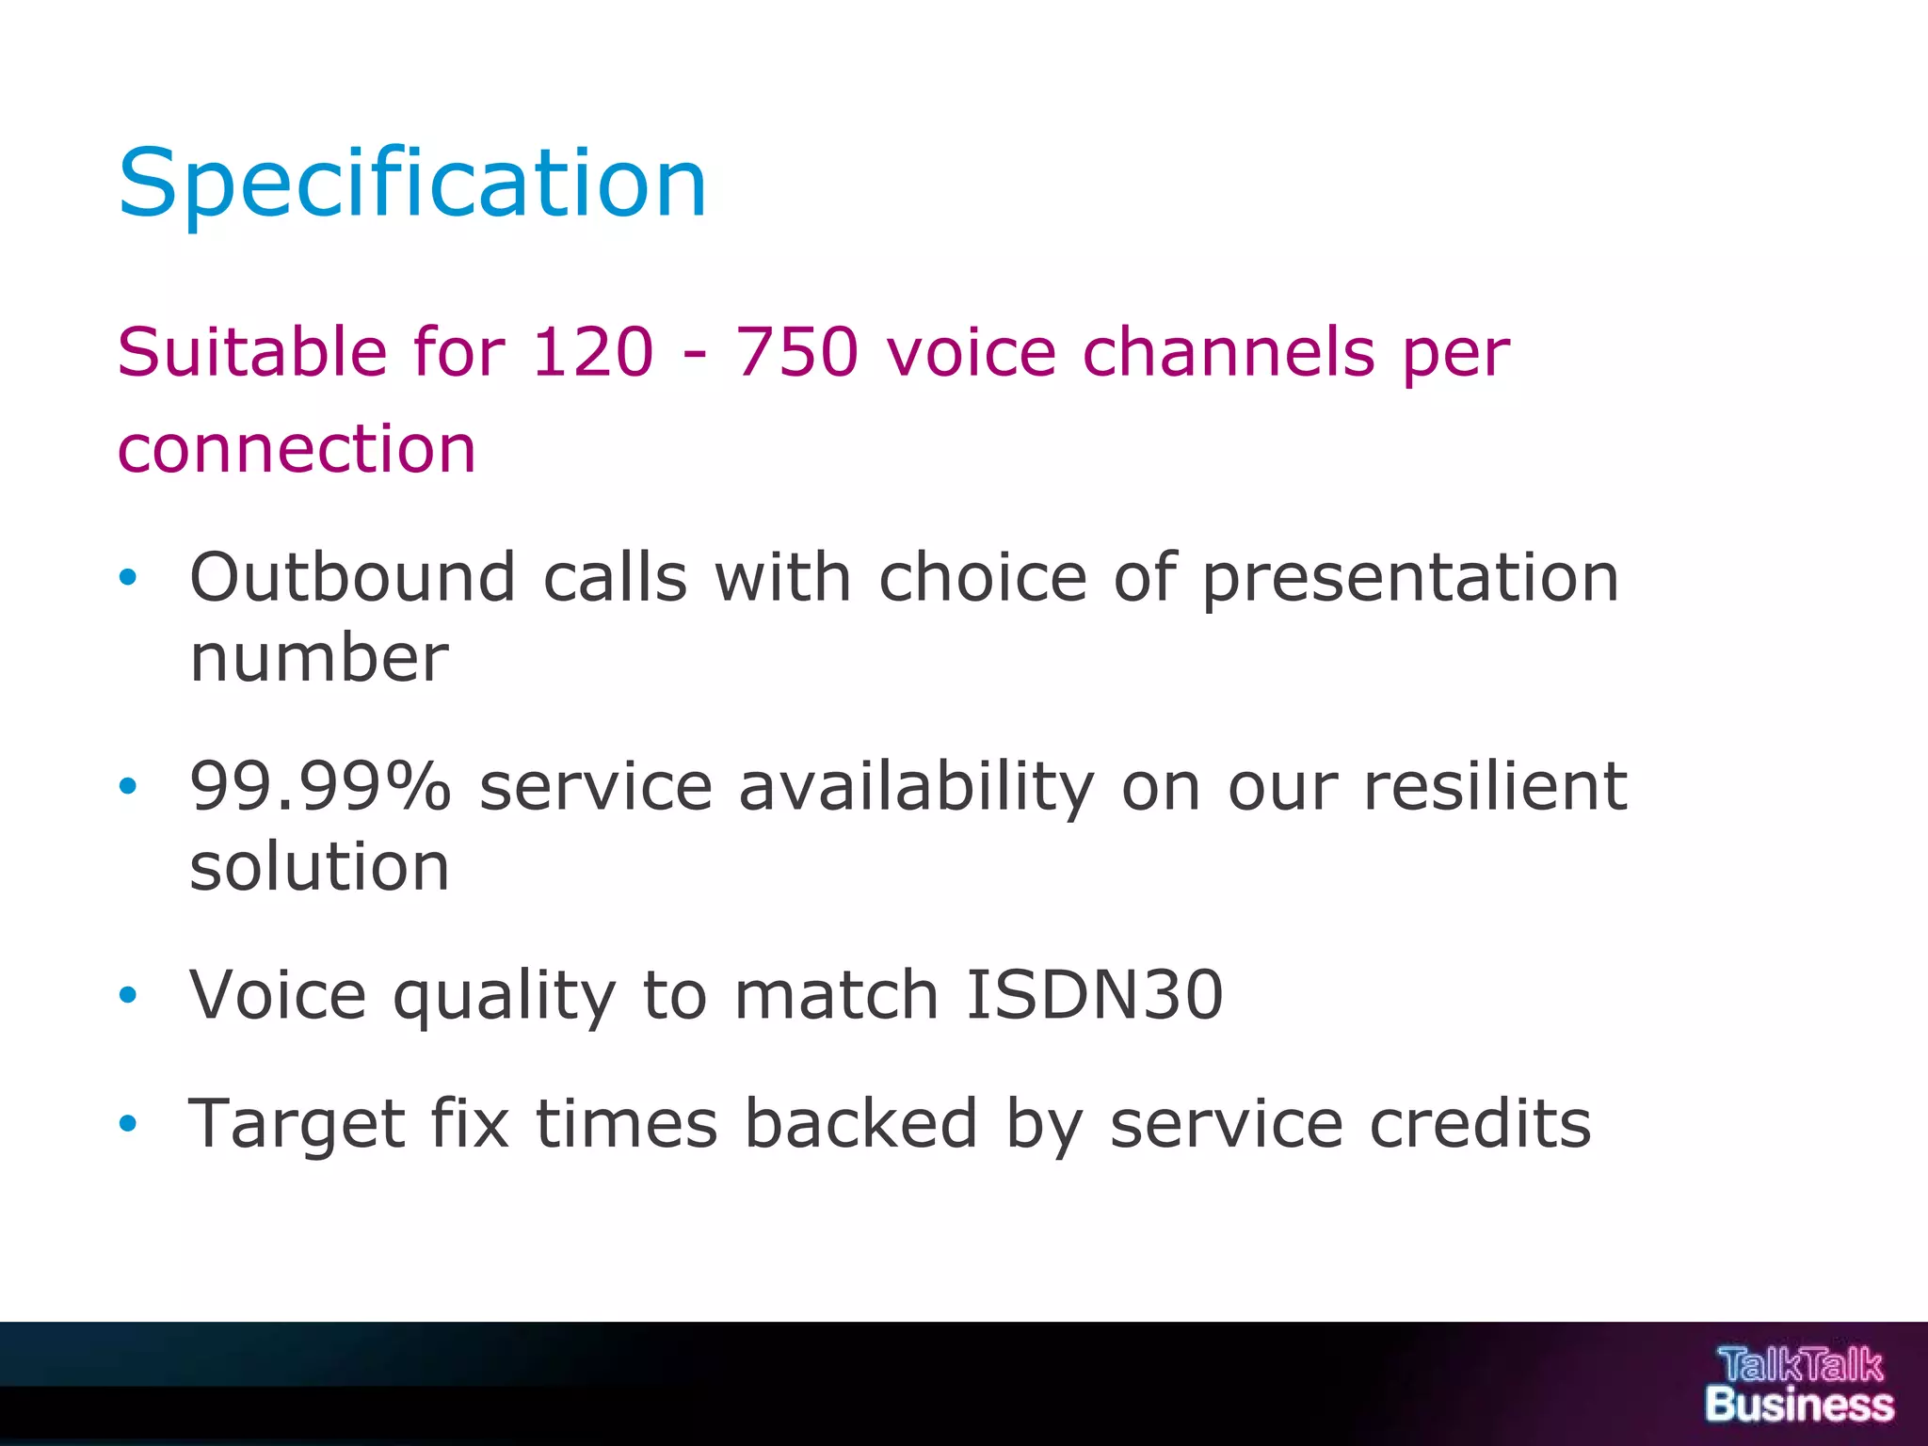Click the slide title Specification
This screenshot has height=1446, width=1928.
pos(411,184)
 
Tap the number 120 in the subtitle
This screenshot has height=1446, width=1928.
pos(592,352)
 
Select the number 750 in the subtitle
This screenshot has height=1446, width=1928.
pos(796,352)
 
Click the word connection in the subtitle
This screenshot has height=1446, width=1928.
pos(297,448)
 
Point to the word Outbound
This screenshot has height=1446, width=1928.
pos(353,577)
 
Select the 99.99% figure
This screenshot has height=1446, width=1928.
pos(320,786)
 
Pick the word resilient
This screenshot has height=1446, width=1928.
pos(1495,786)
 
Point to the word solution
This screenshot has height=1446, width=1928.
pos(319,866)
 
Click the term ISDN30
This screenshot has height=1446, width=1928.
pos(1094,995)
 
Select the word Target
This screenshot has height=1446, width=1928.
pos(297,1125)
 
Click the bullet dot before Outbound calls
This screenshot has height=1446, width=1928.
pos(128,577)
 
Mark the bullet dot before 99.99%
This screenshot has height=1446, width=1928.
pos(128,786)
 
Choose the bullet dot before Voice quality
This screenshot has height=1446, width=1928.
pos(128,995)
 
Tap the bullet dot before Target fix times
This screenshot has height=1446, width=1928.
pos(128,1123)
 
